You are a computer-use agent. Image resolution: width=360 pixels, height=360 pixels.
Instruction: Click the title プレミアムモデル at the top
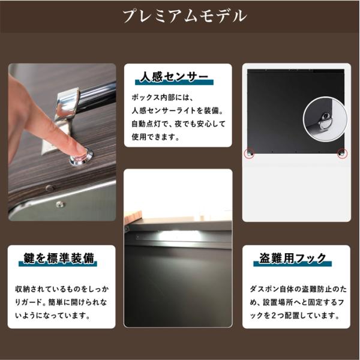tap(185, 16)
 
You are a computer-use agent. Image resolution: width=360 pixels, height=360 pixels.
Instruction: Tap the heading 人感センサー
tap(174, 77)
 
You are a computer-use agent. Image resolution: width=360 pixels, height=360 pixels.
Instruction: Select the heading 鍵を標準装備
tap(59, 258)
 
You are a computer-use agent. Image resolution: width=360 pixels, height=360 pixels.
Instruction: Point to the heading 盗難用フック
tap(293, 258)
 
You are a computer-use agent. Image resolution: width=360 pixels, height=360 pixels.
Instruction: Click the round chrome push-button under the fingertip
tap(82, 157)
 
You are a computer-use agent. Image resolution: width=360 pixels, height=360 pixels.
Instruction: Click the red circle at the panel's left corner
tap(250, 154)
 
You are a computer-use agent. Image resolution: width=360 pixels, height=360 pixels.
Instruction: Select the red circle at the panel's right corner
tap(342, 154)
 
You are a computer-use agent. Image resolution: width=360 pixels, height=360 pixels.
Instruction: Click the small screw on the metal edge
tap(59, 203)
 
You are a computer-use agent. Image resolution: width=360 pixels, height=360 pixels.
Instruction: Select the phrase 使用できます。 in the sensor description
tap(155, 137)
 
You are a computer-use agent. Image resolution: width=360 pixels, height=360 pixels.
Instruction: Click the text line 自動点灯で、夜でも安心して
tap(178, 124)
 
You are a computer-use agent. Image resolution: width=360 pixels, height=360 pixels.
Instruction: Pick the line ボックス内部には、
tap(163, 98)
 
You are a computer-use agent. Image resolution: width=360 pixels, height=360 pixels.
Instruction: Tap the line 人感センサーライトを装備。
tap(178, 110)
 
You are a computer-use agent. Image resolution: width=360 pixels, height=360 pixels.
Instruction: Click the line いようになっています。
tap(53, 316)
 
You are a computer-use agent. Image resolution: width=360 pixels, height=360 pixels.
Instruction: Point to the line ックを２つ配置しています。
tap(295, 316)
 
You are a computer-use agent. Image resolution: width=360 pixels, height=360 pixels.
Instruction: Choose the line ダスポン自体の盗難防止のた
tap(298, 289)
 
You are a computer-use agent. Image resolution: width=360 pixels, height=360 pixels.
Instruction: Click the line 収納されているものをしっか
tap(62, 289)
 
